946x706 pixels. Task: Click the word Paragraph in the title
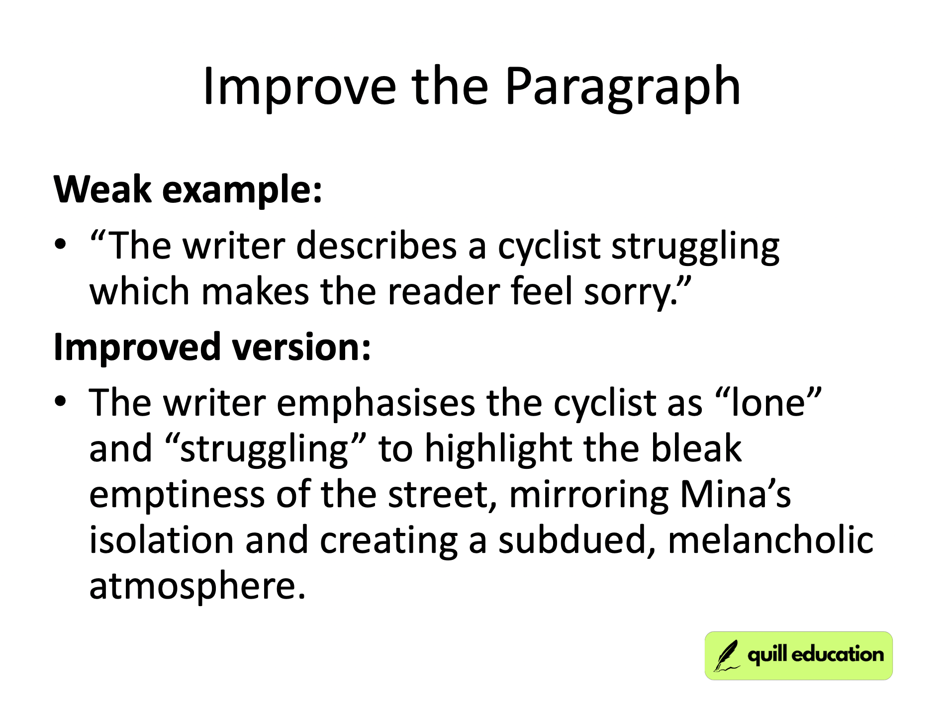[622, 87]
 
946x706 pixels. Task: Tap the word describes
[376, 246]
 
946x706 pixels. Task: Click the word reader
[444, 292]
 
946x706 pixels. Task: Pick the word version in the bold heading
[301, 347]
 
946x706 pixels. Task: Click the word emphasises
[376, 403]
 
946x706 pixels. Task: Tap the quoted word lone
[768, 403]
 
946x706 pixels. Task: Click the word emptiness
[177, 495]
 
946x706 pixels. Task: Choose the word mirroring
[589, 495]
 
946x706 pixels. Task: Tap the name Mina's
[735, 495]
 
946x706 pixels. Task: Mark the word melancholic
[770, 541]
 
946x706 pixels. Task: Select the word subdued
[577, 541]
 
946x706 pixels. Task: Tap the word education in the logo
[838, 654]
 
